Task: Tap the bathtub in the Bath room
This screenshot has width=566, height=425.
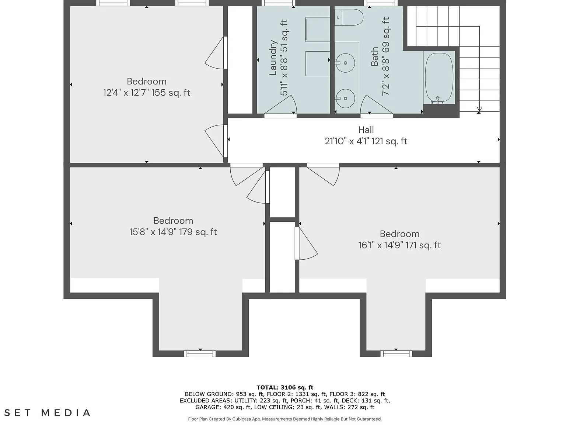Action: tap(439, 78)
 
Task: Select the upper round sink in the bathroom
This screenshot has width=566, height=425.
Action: tap(345, 63)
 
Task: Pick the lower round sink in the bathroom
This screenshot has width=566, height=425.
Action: tap(345, 98)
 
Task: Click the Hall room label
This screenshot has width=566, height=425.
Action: tap(366, 130)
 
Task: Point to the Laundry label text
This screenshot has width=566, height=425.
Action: tap(273, 58)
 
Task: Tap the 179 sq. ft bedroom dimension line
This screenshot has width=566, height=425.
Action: tap(173, 232)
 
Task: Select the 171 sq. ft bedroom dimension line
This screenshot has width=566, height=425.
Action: tap(399, 245)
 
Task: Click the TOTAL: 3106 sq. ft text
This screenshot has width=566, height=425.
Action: tap(285, 388)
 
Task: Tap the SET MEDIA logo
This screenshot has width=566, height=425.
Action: tap(48, 413)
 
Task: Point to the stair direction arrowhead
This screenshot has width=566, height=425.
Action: tap(479, 109)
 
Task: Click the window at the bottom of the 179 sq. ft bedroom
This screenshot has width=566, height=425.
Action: tap(200, 354)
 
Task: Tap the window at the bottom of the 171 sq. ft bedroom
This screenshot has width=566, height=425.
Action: tap(396, 354)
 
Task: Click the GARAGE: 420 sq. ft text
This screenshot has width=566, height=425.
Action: tap(223, 407)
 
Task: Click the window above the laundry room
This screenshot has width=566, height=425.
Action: tap(279, 3)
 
